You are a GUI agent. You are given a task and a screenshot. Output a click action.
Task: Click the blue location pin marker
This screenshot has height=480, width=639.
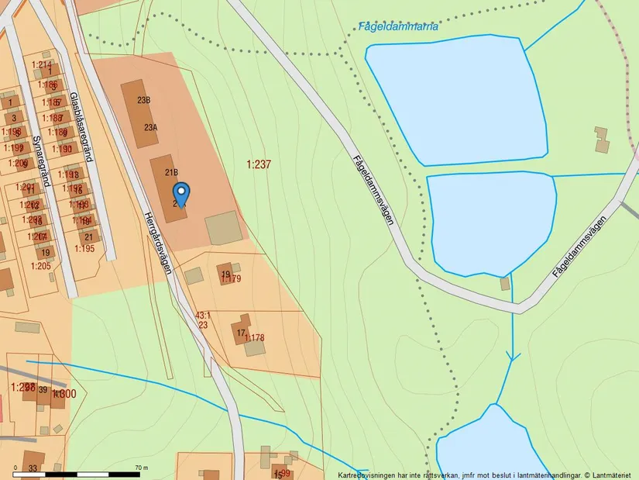pyautogui.click(x=180, y=193)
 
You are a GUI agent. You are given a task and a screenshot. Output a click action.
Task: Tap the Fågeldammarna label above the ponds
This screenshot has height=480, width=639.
pyautogui.click(x=400, y=26)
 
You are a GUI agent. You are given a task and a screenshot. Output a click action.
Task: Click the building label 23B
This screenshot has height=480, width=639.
pyautogui.click(x=143, y=100)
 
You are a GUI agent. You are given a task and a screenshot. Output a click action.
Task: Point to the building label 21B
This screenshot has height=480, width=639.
pyautogui.click(x=170, y=172)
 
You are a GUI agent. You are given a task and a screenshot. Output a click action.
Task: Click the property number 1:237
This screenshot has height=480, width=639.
pyautogui.click(x=259, y=164)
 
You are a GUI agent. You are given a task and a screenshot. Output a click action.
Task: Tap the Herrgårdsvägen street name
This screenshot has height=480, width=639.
pyautogui.click(x=157, y=239)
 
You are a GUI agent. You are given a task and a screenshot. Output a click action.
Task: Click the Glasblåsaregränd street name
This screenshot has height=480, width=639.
pyautogui.click(x=81, y=126)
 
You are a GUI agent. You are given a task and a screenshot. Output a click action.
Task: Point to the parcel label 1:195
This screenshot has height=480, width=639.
pyautogui.click(x=84, y=248)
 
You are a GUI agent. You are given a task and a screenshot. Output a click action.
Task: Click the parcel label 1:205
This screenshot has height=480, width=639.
pyautogui.click(x=40, y=266)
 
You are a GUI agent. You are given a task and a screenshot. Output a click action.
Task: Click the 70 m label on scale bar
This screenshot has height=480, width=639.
pyautogui.click(x=141, y=468)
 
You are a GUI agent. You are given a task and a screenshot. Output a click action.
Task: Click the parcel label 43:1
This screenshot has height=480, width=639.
pyautogui.click(x=203, y=316)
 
